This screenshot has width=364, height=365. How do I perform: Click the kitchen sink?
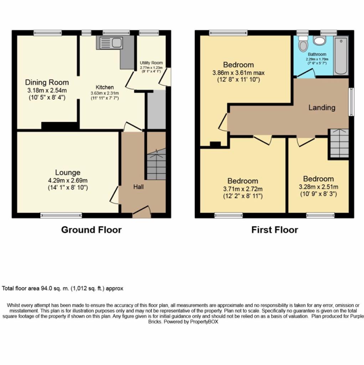coord(109,43)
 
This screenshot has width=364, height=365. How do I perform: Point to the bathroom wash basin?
coord(319,40)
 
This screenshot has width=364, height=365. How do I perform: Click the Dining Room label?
coord(47,82)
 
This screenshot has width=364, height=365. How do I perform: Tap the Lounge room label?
coord(68,173)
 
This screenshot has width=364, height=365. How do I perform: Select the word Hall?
coord(138,187)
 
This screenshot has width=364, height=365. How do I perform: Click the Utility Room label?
coord(151,63)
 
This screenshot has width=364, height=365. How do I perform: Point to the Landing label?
coord(322,108)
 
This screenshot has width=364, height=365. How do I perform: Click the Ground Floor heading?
coord(91,230)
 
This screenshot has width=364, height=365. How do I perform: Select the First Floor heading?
coord(275,230)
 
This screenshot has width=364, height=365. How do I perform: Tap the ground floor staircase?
coord(156,164)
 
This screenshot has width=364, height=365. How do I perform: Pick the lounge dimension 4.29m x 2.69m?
coord(68,180)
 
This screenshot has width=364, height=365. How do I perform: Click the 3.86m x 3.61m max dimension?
coord(239,73)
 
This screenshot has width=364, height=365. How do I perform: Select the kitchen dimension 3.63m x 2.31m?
coord(104,93)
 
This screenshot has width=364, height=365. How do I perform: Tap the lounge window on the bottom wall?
coord(61,215)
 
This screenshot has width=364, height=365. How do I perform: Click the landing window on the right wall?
coord(351,102)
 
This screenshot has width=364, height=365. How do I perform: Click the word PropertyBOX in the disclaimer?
coord(204,322)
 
